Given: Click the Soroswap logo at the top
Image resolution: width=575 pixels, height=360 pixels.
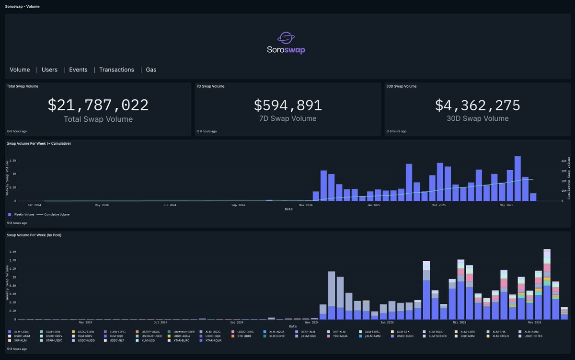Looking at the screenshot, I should [286, 43].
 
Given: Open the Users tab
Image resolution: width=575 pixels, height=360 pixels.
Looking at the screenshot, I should [49, 70].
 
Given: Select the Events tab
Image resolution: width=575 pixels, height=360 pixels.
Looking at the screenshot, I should [78, 70].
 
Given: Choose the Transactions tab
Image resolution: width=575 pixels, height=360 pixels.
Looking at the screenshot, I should [116, 70].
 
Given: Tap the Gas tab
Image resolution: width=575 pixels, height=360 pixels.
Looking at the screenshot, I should [151, 70].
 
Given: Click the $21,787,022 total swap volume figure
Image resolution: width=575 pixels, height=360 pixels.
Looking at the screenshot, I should [98, 105].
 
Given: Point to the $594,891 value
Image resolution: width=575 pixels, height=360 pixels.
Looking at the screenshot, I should [287, 105].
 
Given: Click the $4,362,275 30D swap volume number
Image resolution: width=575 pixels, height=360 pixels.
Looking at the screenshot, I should [477, 105].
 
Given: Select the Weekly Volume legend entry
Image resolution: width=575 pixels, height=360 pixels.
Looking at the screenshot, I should [22, 214].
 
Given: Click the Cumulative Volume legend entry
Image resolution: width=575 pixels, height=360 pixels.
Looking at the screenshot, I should [57, 214].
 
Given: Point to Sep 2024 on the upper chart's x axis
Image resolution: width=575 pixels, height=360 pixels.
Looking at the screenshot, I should [238, 205].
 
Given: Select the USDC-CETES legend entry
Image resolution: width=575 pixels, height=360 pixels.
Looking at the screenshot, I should [533, 336].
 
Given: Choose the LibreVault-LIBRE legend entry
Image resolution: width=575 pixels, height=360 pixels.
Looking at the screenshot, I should [184, 331].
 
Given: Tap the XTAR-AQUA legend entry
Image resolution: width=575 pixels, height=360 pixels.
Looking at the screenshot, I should [213, 340].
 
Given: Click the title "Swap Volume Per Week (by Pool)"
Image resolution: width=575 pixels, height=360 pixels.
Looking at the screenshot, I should [34, 235].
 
